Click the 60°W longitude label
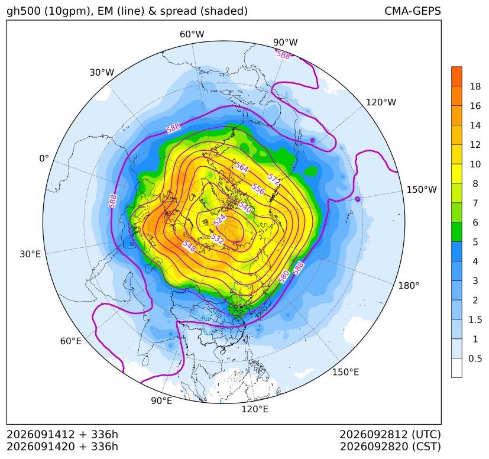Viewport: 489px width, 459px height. click(x=192, y=34)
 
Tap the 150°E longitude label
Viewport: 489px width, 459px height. click(x=345, y=372)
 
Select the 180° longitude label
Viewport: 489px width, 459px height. click(x=409, y=286)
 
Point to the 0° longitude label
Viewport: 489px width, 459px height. click(x=44, y=159)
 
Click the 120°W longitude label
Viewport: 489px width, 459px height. click(x=381, y=102)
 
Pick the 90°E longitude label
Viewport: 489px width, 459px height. click(x=161, y=401)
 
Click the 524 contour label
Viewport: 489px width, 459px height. click(x=219, y=220)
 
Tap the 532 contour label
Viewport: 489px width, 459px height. click(x=217, y=240)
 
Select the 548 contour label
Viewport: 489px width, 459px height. click(x=189, y=247)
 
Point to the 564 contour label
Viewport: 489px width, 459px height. click(x=242, y=167)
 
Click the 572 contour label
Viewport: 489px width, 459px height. click(x=274, y=179)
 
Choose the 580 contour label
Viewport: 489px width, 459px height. click(x=284, y=277)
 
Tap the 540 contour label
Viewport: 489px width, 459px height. click(x=245, y=207)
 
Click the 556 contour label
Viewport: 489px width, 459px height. click(x=258, y=189)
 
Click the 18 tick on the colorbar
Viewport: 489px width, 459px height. click(x=475, y=86)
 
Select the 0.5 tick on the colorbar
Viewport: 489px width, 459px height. click(x=475, y=358)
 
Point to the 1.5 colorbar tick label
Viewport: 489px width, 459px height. click(x=475, y=320)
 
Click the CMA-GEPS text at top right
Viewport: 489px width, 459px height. click(x=413, y=11)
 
